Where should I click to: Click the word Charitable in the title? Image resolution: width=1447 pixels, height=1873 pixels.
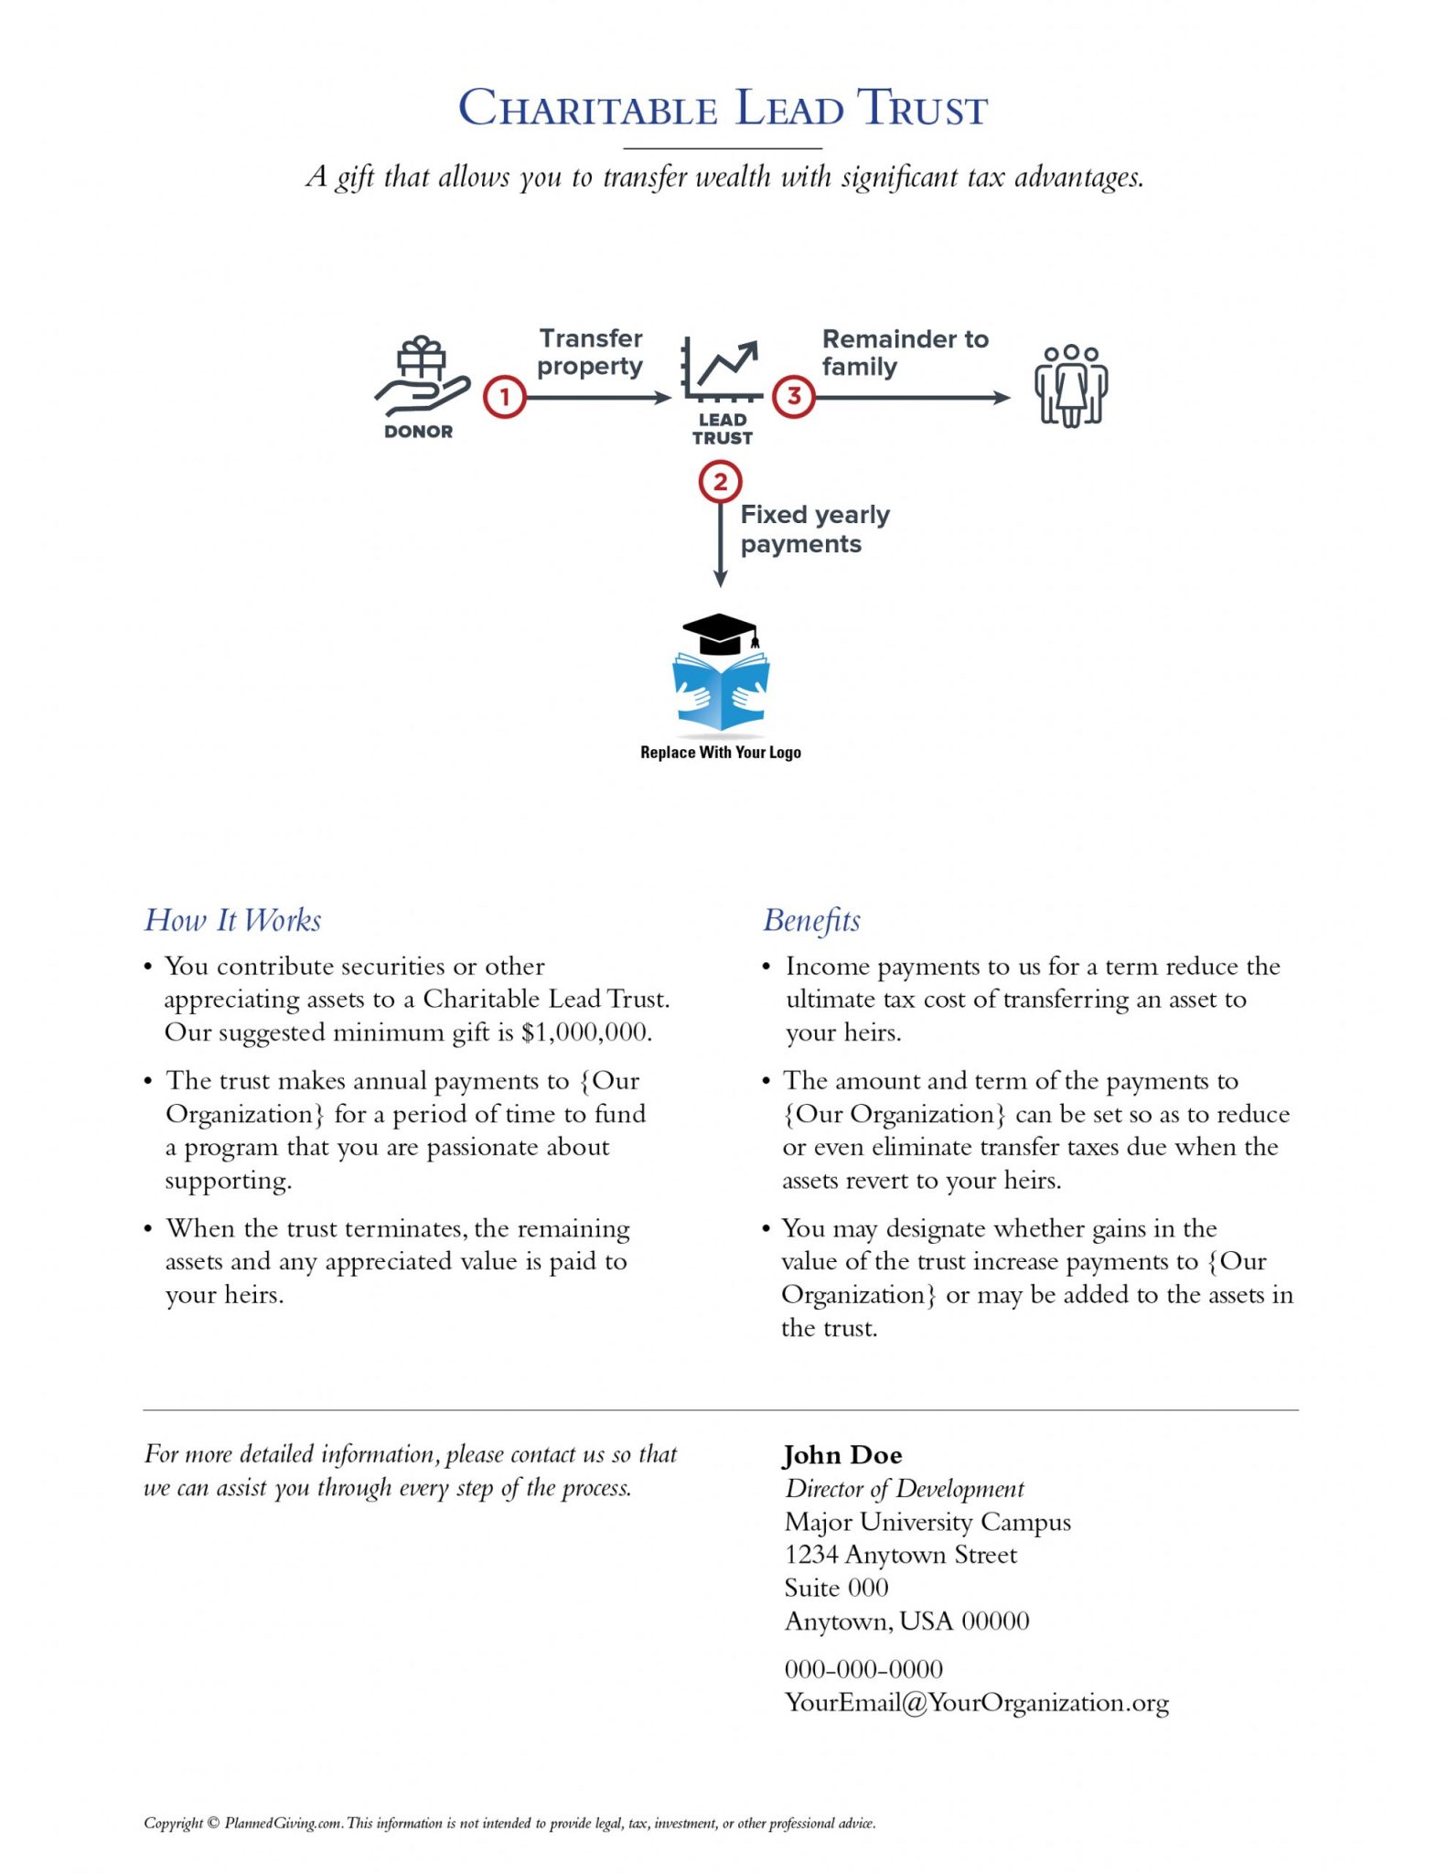click(587, 109)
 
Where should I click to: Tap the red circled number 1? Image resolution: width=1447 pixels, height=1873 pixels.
click(504, 397)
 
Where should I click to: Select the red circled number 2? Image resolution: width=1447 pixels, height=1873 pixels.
click(720, 482)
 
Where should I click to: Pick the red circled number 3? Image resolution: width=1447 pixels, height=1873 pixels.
click(794, 397)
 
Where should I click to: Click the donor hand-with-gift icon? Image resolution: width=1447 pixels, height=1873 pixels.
click(421, 378)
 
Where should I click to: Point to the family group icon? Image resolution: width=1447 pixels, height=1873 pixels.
click(1071, 385)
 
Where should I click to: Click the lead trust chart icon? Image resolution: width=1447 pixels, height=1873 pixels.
click(722, 369)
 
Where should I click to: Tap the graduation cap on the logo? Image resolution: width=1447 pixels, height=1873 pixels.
click(721, 632)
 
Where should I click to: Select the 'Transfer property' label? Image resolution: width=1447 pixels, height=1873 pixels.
click(590, 352)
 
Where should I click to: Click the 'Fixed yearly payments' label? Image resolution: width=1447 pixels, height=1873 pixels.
click(813, 529)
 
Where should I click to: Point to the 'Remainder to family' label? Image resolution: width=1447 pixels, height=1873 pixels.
click(904, 353)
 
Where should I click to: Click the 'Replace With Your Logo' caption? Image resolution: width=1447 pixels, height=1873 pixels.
click(720, 753)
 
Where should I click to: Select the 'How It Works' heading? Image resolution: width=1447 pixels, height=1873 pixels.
click(233, 920)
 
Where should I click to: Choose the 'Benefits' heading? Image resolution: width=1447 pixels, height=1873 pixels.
click(811, 920)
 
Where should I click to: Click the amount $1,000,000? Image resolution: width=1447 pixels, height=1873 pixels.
click(585, 1033)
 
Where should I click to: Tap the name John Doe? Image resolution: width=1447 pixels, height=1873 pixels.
click(842, 1455)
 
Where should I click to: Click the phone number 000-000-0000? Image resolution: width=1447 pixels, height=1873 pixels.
click(863, 1669)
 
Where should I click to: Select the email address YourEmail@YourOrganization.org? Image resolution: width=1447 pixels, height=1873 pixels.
click(976, 1703)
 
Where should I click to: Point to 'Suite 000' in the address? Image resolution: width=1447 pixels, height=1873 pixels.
click(836, 1588)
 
